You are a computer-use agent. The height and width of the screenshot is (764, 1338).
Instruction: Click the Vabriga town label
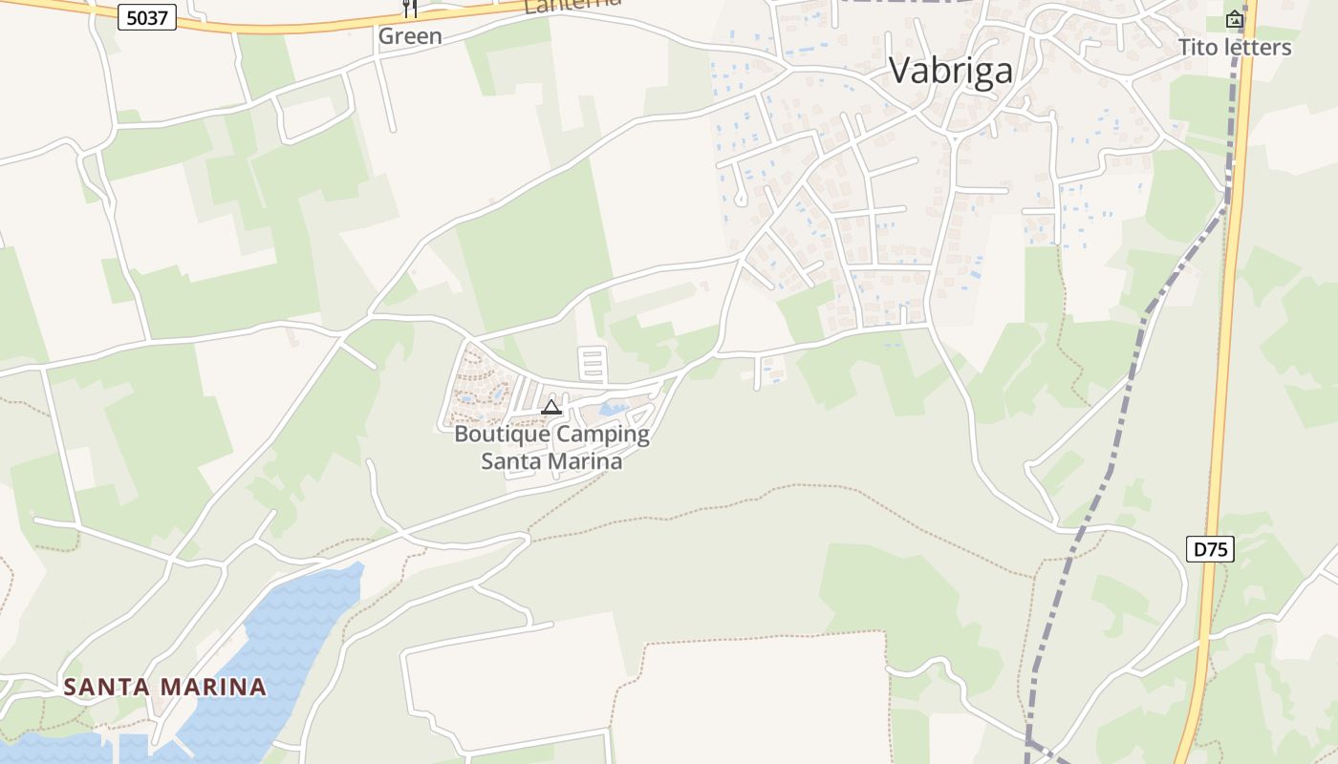click(950, 71)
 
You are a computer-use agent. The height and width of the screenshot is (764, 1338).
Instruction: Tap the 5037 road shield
click(147, 17)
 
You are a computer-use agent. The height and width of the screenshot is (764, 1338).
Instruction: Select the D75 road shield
click(1210, 549)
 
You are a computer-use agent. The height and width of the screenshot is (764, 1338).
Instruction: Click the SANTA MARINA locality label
click(164, 687)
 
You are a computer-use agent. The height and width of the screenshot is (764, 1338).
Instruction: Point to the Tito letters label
click(1234, 48)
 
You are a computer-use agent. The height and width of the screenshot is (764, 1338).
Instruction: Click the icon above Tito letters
click(1235, 18)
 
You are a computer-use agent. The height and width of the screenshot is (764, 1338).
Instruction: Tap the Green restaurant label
click(410, 36)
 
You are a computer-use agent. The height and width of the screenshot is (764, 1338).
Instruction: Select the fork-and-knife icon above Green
click(410, 9)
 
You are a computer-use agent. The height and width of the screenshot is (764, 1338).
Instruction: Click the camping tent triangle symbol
click(550, 408)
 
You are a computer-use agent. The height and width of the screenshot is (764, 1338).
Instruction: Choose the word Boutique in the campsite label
click(503, 435)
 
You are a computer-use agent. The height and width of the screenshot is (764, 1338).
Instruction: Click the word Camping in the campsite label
click(603, 435)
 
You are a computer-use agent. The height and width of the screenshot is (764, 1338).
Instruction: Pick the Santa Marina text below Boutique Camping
click(551, 461)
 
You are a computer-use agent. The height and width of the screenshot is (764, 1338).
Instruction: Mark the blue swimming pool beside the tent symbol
click(613, 411)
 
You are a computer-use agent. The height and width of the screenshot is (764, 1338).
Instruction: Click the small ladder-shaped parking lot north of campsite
click(593, 365)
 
